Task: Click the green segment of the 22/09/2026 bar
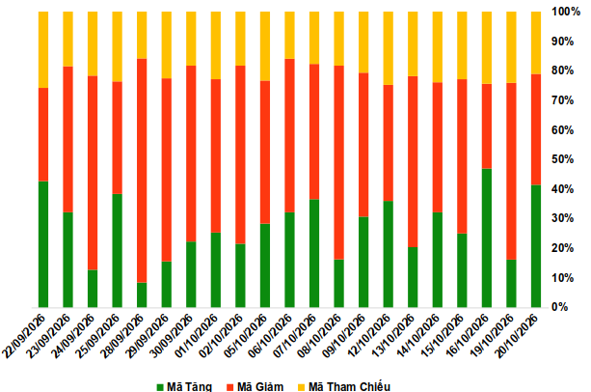click(x=43, y=244)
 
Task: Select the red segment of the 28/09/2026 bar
click(x=142, y=171)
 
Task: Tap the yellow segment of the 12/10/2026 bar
click(x=389, y=48)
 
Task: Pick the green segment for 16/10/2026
click(x=487, y=238)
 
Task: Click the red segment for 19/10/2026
click(x=511, y=171)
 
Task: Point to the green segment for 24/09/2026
click(x=93, y=289)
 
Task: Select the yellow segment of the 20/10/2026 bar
click(x=536, y=43)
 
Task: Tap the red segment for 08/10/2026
click(x=338, y=162)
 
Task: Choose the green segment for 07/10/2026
click(x=314, y=253)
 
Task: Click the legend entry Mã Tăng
click(x=185, y=387)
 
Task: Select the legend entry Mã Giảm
click(x=255, y=387)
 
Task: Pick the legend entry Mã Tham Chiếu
click(x=344, y=387)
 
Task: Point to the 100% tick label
click(x=566, y=12)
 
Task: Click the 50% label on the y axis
click(x=563, y=159)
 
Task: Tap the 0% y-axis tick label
click(x=560, y=307)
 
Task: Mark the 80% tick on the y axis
click(x=563, y=70)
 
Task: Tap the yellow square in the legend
click(x=301, y=387)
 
